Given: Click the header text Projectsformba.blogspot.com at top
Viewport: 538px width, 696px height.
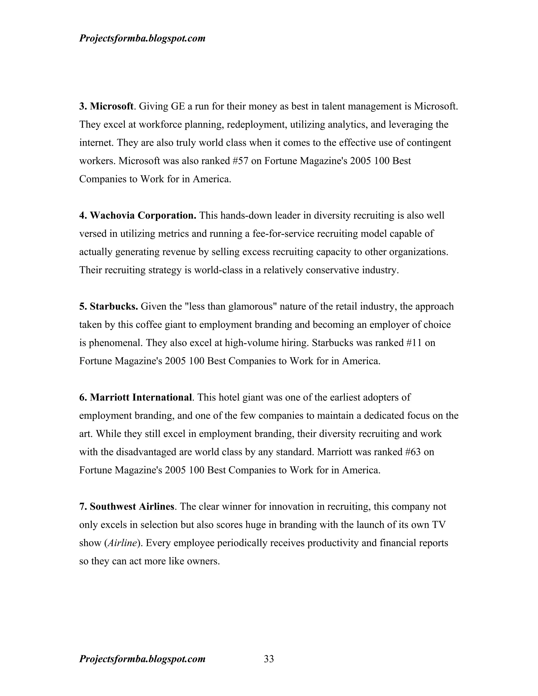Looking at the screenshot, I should click(x=142, y=38).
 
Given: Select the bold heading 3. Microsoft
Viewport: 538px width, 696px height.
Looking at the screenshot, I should click(x=106, y=106).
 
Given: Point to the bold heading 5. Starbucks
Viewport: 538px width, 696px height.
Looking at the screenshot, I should click(x=108, y=306).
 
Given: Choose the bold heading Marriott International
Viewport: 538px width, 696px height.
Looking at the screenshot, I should click(x=141, y=397).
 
